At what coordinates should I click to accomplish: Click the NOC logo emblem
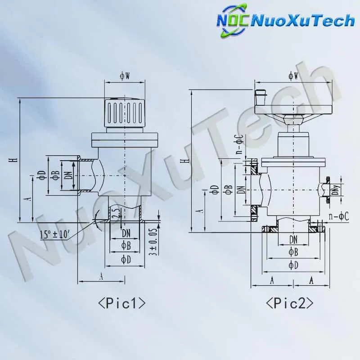(232, 20)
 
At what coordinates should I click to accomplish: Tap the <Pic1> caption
(121, 303)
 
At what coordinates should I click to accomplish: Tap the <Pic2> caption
(289, 303)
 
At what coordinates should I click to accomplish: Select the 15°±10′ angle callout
(54, 234)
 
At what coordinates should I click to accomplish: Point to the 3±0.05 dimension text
(155, 241)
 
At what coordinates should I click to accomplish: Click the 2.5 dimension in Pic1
(117, 213)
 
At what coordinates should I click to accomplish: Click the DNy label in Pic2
(336, 190)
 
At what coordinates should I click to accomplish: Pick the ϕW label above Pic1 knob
(125, 76)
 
